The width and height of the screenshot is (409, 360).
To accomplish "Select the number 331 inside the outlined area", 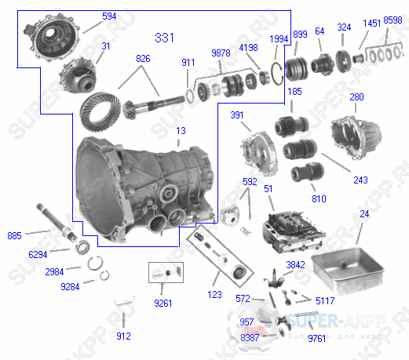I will coord(166,38).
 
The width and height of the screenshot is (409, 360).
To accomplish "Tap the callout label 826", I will coord(142,60).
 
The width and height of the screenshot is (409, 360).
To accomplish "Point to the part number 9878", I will coord(221,53).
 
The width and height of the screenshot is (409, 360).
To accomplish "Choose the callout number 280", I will coord(356,97).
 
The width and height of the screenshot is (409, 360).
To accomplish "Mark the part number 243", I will coord(360,180).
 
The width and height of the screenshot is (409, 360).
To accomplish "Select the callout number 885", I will coord(14,234).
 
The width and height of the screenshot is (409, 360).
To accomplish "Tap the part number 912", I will coord(123,336).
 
